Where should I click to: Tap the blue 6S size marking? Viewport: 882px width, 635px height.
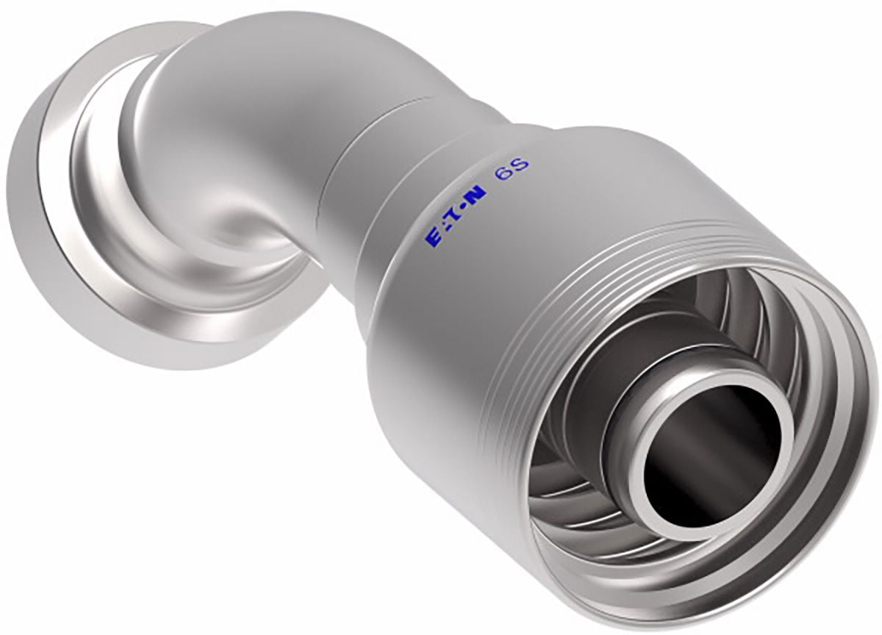click(511, 170)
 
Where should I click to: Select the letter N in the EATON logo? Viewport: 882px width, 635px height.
click(478, 195)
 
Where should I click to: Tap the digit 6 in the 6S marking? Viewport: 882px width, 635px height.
click(503, 174)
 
